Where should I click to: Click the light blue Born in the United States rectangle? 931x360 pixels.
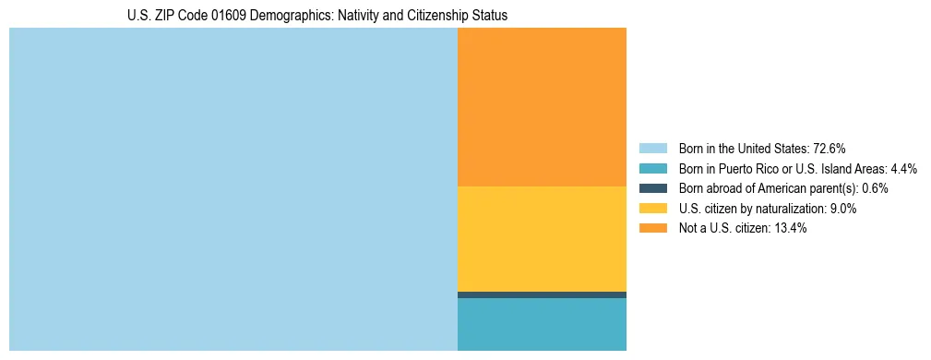pyautogui.click(x=233, y=189)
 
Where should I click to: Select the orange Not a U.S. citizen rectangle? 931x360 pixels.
pyautogui.click(x=542, y=106)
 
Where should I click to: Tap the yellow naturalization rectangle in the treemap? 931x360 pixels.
pyautogui.click(x=542, y=238)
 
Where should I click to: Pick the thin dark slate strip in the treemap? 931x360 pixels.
pyautogui.click(x=542, y=294)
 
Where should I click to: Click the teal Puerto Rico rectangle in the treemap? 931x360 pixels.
pyautogui.click(x=542, y=324)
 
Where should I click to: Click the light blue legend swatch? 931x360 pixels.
pyautogui.click(x=652, y=148)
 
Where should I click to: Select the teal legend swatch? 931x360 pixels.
pyautogui.click(x=652, y=168)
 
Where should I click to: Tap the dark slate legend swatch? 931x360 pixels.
pyautogui.click(x=652, y=188)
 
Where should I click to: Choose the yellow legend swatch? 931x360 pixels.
pyautogui.click(x=652, y=209)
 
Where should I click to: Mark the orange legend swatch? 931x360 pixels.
pyautogui.click(x=652, y=229)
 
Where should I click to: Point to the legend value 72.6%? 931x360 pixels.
pyautogui.click(x=829, y=148)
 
